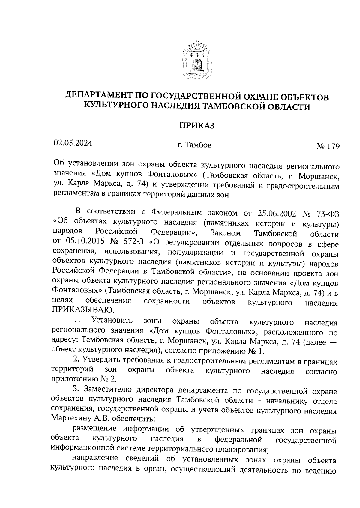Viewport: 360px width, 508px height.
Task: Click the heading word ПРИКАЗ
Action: [197, 125]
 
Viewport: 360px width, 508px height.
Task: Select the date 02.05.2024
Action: [73, 143]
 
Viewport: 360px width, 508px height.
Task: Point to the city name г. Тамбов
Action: [194, 145]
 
